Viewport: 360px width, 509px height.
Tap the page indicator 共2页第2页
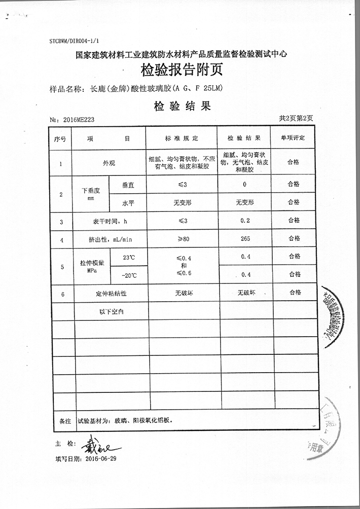pyautogui.click(x=296, y=118)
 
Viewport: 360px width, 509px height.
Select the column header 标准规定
pyautogui.click(x=182, y=138)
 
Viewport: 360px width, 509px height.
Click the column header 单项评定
pyautogui.click(x=294, y=138)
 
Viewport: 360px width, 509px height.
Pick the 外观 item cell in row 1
pyautogui.click(x=109, y=163)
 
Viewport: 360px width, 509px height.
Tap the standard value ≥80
pyautogui.click(x=182, y=238)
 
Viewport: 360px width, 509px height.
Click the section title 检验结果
pyautogui.click(x=181, y=106)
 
